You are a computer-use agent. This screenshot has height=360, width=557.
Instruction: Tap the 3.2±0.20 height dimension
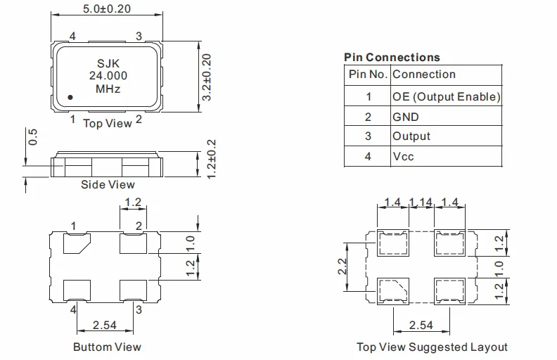[x=206, y=77]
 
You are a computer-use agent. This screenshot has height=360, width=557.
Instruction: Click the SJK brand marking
[x=108, y=63]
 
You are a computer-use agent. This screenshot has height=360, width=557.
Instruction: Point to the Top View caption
[x=108, y=123]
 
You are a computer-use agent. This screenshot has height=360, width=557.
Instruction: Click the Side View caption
[x=108, y=184]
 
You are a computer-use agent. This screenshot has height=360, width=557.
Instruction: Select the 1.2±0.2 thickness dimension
[x=206, y=160]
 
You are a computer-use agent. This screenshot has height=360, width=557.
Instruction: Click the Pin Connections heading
[x=392, y=57]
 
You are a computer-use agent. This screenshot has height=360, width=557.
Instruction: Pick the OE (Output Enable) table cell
[x=446, y=96]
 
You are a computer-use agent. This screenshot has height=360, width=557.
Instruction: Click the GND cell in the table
[x=406, y=117]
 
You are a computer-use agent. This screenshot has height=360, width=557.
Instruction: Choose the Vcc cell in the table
[x=404, y=156]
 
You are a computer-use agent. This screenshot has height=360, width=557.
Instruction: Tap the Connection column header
[x=424, y=75]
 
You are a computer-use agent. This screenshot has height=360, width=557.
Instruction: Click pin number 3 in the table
[x=368, y=136]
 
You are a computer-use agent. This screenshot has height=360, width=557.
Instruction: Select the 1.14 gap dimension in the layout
[x=421, y=202]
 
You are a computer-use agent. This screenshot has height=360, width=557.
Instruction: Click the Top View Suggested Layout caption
[x=432, y=347]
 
